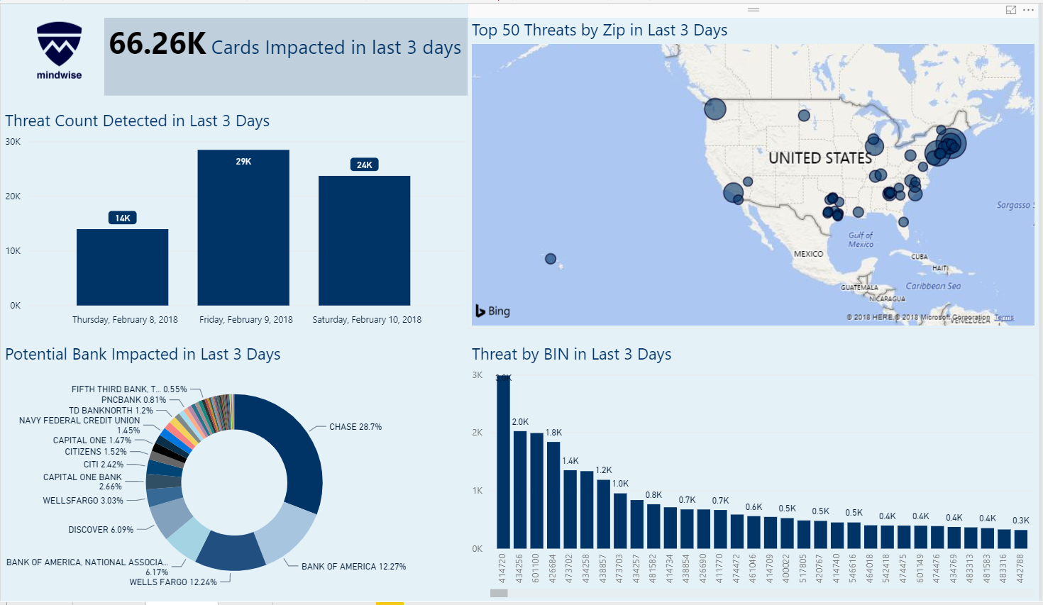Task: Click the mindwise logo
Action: [x=59, y=50]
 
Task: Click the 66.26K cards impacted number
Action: [x=158, y=44]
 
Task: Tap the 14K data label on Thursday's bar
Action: [x=122, y=218]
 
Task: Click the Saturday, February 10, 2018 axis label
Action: [x=367, y=320]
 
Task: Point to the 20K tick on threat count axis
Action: [x=13, y=196]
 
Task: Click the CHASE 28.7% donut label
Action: [x=355, y=427]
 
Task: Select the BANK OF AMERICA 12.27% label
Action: [x=353, y=567]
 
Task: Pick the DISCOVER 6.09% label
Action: [x=101, y=530]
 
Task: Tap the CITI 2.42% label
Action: [x=104, y=465]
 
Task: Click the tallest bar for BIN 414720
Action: [x=503, y=461]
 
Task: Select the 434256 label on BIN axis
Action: [x=519, y=568]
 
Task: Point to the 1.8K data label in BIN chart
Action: [x=553, y=433]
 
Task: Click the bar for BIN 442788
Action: [x=1020, y=539]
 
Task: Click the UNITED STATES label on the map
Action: [x=819, y=158]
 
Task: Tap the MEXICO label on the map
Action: [x=808, y=254]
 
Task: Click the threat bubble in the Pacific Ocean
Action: [x=551, y=259]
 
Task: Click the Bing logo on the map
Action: [x=493, y=311]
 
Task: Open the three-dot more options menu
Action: [x=1028, y=10]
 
